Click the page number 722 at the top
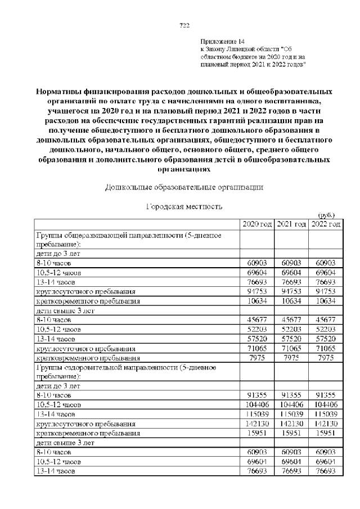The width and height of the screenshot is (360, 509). tap(183, 25)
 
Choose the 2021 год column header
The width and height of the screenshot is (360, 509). tap(291, 224)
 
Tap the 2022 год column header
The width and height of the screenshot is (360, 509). tap(326, 224)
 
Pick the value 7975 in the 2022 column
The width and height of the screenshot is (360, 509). tap(326, 357)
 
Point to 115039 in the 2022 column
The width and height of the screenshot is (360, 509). tap(326, 414)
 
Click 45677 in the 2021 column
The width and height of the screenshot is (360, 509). tap(291, 319)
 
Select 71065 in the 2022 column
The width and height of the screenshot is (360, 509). tap(326, 348)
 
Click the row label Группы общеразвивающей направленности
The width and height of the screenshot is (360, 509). tap(133, 233)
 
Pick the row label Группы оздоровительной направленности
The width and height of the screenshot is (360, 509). tap(132, 367)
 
